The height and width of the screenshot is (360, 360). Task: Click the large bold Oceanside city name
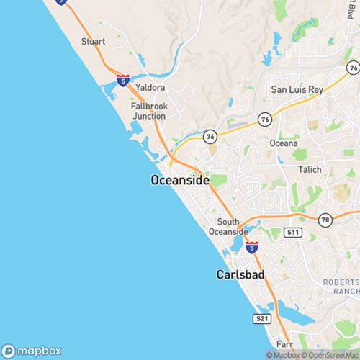[x=180, y=180]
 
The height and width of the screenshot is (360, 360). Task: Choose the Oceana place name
[x=283, y=143]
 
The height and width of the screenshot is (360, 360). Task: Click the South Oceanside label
[x=228, y=226]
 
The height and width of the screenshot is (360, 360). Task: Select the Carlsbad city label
[x=240, y=274]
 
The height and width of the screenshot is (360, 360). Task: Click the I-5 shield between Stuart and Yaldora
[x=123, y=81]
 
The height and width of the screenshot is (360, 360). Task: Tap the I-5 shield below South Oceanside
[x=251, y=247]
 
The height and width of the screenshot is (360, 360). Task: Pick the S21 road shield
[x=262, y=318]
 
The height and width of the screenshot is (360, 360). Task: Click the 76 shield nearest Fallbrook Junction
[x=210, y=135]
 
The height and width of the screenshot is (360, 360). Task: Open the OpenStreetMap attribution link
[x=333, y=354]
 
